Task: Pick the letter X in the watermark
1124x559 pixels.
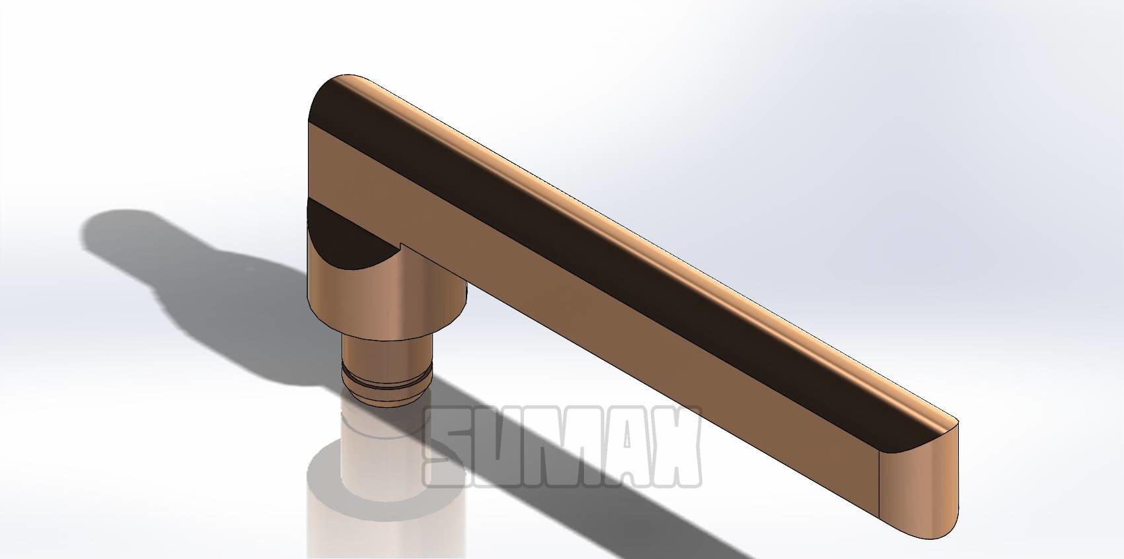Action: pos(677,447)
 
